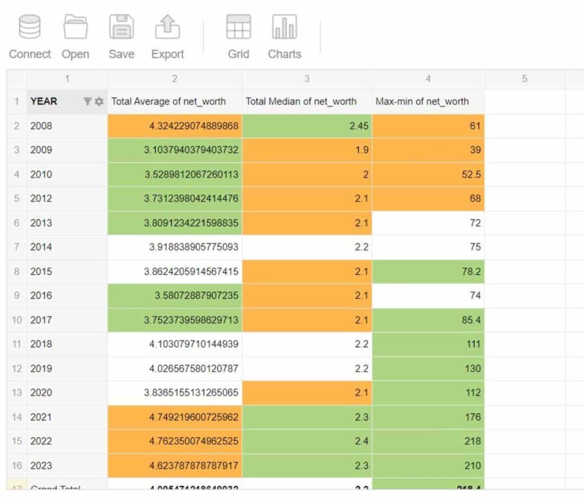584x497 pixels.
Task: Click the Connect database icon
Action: click(x=30, y=27)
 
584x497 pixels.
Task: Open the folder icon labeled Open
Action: click(x=75, y=27)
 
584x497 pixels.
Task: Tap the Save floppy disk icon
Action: click(x=121, y=27)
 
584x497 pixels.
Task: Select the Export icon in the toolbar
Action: click(x=167, y=27)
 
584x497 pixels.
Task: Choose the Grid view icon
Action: click(x=238, y=27)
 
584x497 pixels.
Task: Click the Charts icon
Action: click(x=284, y=27)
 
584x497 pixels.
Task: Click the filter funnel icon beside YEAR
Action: click(x=87, y=102)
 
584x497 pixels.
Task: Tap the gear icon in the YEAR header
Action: click(x=99, y=102)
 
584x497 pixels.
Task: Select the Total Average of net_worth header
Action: click(x=169, y=102)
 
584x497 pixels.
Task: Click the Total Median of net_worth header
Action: click(x=301, y=102)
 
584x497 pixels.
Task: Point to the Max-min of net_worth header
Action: click(x=422, y=102)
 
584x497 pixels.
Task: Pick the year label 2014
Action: click(x=41, y=247)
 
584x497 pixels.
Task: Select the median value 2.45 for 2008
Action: click(x=359, y=126)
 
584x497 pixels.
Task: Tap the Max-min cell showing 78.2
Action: click(x=471, y=272)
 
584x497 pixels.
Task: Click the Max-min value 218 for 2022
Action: click(x=472, y=441)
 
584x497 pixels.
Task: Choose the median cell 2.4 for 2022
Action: click(x=362, y=441)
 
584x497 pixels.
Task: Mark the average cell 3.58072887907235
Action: click(x=198, y=296)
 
